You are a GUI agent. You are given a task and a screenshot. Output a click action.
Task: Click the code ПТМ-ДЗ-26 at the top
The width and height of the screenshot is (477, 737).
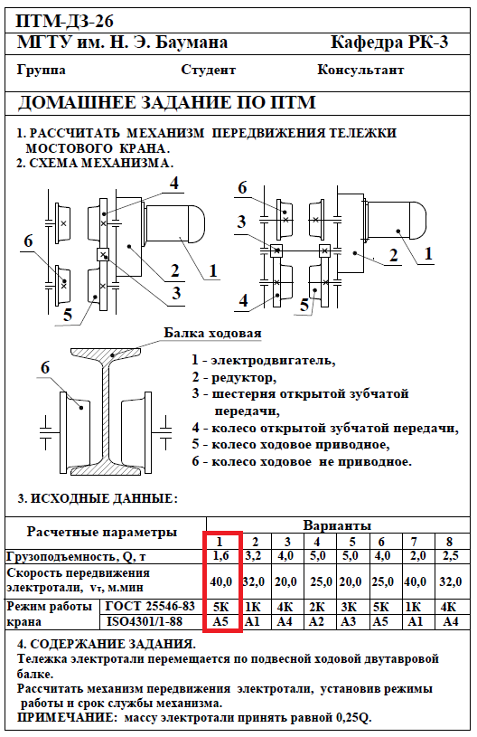(x=65, y=21)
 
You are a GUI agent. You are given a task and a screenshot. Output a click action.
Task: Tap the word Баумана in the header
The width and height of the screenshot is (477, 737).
(x=192, y=43)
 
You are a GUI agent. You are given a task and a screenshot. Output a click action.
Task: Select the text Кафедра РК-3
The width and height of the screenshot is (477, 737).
(x=389, y=43)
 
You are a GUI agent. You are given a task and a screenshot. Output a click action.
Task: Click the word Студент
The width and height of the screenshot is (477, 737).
(x=208, y=70)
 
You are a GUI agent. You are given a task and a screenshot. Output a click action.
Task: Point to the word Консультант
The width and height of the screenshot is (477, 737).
(x=360, y=70)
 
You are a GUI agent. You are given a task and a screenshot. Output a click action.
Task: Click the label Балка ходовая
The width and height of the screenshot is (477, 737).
(x=212, y=333)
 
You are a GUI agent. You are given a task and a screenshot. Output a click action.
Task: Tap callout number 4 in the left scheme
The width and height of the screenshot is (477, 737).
(x=174, y=183)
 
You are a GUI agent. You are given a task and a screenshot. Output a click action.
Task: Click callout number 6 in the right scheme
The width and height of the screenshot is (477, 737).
(x=242, y=187)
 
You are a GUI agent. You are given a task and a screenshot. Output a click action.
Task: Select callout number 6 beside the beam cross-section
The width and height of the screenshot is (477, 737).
(x=45, y=367)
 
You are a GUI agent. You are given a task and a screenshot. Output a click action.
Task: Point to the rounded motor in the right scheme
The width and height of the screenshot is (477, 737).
(x=397, y=221)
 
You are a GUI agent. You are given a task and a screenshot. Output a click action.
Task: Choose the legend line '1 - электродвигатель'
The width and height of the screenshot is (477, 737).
(x=264, y=361)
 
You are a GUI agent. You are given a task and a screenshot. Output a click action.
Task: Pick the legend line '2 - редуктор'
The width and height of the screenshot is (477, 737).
(x=234, y=377)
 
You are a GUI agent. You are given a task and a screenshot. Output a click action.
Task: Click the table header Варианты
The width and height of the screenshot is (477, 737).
(x=337, y=525)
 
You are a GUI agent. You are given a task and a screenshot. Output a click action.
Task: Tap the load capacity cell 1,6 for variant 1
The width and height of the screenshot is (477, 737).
(x=221, y=556)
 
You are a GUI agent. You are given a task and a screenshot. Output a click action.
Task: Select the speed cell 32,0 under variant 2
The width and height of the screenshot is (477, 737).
(x=254, y=581)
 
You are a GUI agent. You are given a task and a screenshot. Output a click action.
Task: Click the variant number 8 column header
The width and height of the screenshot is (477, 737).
(x=450, y=542)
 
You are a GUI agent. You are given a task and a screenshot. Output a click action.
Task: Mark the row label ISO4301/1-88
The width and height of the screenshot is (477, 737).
(x=145, y=621)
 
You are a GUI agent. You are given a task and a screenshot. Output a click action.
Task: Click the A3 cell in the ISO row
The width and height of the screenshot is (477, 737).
(x=349, y=621)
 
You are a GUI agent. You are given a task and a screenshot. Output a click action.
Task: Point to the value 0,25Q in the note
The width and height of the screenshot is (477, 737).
(x=353, y=718)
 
